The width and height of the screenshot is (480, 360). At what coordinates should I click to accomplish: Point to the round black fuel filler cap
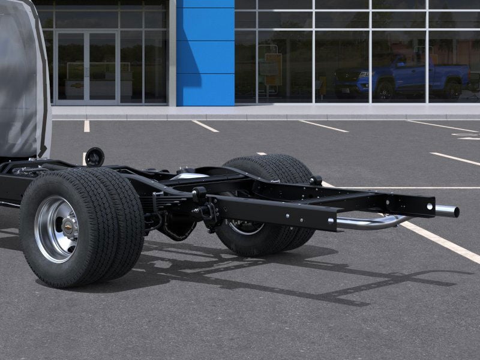pyautogui.click(x=94, y=157)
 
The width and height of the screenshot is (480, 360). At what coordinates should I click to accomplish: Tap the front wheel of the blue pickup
pyautogui.click(x=385, y=90)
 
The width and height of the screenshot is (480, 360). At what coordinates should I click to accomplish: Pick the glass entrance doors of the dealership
pyautogui.click(x=86, y=66)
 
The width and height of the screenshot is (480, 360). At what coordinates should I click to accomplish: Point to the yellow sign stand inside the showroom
pyautogui.click(x=273, y=69)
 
